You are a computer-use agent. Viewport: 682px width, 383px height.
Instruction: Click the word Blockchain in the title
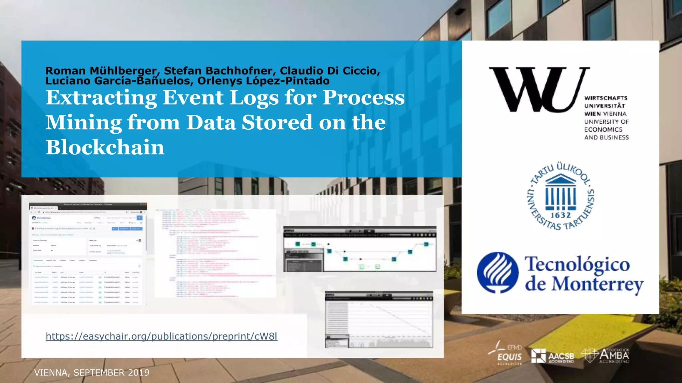(x=105, y=147)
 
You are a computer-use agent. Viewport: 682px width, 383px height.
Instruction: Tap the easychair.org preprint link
(x=162, y=336)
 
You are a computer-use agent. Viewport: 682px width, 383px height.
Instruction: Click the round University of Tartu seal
(x=560, y=196)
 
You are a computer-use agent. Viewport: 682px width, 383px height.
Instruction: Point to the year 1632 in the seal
(x=560, y=215)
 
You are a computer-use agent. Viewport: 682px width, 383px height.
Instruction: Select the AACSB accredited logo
(x=553, y=356)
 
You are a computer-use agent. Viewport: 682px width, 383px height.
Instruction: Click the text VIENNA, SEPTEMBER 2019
(x=92, y=373)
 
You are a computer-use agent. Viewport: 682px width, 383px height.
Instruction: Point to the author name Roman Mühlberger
(x=101, y=70)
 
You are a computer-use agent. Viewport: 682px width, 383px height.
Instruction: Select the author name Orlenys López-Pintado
(x=263, y=81)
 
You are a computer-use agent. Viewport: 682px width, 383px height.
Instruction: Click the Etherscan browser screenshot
(x=88, y=253)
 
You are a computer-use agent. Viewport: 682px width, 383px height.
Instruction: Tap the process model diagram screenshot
(x=360, y=249)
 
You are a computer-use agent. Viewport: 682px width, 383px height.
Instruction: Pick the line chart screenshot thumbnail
(x=379, y=319)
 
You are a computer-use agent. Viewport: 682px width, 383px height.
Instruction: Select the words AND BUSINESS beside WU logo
(x=606, y=138)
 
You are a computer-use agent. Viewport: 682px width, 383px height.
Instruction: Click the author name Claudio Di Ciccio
(x=330, y=70)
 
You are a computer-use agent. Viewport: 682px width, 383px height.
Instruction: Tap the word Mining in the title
(x=84, y=123)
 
